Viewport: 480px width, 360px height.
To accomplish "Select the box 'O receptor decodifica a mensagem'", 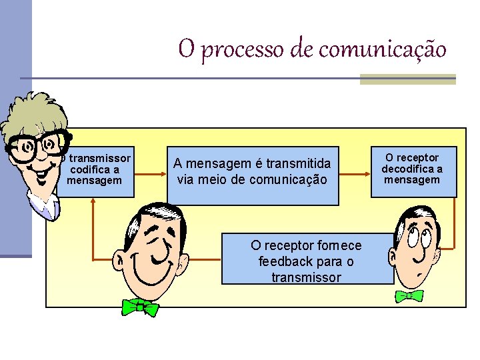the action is pos(413,170).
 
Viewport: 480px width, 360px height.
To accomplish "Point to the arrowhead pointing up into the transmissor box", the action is pos(94,202).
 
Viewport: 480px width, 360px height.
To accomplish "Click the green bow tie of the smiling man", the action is pos(140,307).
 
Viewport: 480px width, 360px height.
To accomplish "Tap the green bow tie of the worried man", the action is pos(409,295).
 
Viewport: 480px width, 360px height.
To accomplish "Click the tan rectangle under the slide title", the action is pos(407,79).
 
